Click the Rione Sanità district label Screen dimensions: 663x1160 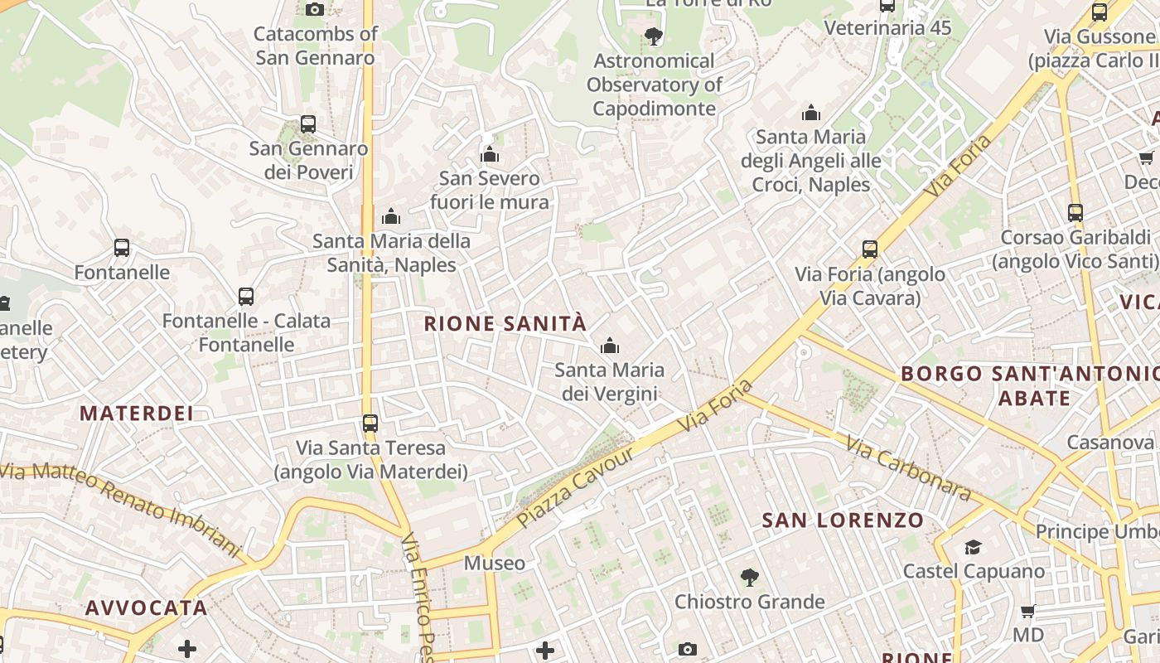point(505,323)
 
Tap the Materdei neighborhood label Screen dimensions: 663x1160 point(136,413)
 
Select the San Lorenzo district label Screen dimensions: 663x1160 point(842,520)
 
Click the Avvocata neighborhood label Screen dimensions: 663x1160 point(146,607)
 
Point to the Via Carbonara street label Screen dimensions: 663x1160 point(908,468)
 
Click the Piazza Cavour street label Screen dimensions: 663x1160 point(575,487)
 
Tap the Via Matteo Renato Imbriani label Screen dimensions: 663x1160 point(120,510)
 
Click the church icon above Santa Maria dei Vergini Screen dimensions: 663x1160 point(610,346)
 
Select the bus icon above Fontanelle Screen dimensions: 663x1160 point(122,248)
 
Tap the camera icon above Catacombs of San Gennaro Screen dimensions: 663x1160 point(315,9)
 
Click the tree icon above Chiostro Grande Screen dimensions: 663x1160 point(749,578)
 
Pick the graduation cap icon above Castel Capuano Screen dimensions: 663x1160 point(973,547)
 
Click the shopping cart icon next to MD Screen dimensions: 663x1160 point(1027,612)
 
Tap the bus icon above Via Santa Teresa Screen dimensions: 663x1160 point(370,423)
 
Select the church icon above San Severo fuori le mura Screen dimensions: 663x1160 point(490,154)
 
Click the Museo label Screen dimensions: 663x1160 point(494,564)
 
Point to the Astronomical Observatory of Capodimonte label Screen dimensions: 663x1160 point(654,85)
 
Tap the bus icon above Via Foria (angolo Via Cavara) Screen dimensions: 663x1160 point(870,249)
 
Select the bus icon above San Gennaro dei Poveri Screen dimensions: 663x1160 point(308,124)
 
